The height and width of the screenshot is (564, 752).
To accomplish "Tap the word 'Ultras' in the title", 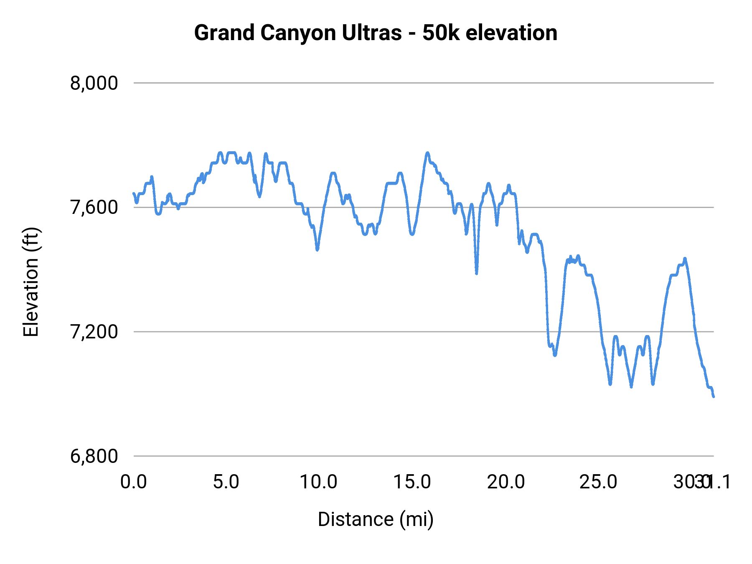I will tap(371, 33).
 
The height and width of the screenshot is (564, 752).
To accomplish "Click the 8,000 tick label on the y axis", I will tap(94, 83).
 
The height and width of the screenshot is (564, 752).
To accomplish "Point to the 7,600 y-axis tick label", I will tap(94, 208).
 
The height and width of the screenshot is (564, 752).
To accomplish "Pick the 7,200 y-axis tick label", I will tap(94, 332).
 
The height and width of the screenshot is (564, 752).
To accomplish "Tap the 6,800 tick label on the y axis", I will tap(94, 456).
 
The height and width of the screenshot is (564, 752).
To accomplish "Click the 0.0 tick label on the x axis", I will tap(133, 482).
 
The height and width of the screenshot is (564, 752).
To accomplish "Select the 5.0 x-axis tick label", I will tap(226, 482).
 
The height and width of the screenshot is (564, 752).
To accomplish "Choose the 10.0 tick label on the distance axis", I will tap(319, 482).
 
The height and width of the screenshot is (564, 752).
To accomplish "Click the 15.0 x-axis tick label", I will tap(412, 482).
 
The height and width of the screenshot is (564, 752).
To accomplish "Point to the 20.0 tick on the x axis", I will tap(506, 482).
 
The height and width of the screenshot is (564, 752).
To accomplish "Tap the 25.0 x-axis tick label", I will tap(598, 482).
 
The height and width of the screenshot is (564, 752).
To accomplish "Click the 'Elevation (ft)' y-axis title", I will tap(31, 282).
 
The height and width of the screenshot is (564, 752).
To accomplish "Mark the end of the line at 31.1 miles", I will tap(714, 396).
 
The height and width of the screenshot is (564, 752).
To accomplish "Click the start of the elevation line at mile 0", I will tap(134, 193).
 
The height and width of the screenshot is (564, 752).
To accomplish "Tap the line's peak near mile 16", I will tap(427, 153).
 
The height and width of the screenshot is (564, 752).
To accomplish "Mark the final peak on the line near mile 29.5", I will tap(685, 259).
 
